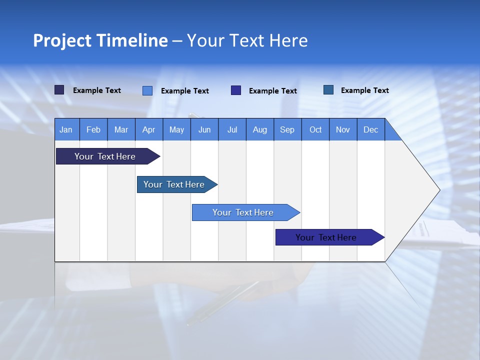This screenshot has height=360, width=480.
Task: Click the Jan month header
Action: (x=66, y=129)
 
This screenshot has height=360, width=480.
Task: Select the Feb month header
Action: (x=93, y=129)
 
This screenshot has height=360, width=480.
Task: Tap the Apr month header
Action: (x=148, y=129)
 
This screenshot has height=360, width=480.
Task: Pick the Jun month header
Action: (x=204, y=129)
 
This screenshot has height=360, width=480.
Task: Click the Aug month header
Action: (x=259, y=129)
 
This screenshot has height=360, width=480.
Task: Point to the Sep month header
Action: (x=287, y=129)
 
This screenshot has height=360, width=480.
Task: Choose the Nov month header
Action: (x=343, y=129)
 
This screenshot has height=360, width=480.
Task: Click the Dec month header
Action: (x=370, y=129)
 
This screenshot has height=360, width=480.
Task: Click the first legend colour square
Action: (x=59, y=90)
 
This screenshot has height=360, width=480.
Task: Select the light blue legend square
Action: (x=147, y=90)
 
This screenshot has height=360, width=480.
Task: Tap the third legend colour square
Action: (x=236, y=90)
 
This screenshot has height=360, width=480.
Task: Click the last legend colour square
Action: (x=328, y=90)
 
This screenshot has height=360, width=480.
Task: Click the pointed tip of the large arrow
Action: (x=438, y=190)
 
